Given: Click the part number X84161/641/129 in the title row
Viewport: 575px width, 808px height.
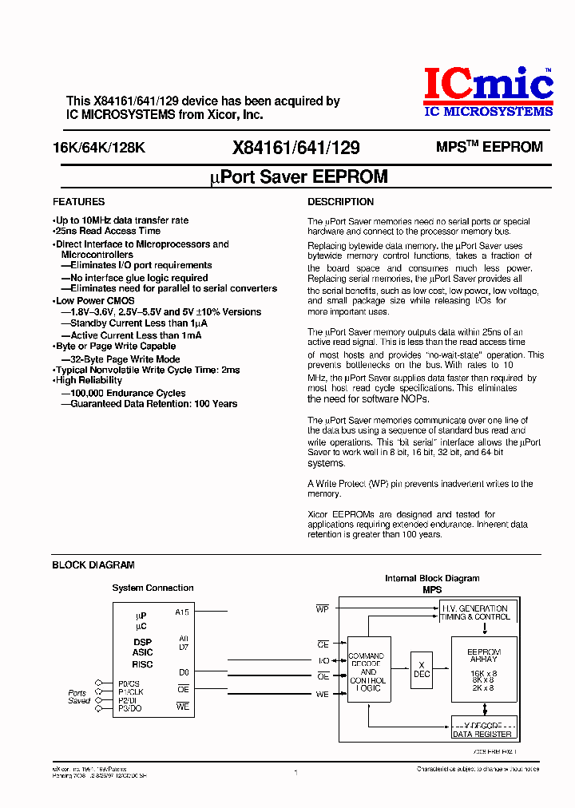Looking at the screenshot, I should click(x=296, y=148).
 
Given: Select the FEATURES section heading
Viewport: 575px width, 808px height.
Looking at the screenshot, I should click(x=78, y=202).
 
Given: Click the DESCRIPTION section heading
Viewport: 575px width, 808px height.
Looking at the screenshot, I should click(x=340, y=202).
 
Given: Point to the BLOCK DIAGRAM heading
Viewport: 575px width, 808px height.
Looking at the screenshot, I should click(x=93, y=565).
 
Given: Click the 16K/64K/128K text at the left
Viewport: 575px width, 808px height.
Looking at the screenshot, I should click(x=99, y=148).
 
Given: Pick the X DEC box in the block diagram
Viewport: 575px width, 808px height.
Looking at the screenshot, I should click(x=421, y=669).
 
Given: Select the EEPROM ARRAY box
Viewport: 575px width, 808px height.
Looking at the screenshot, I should click(x=484, y=669).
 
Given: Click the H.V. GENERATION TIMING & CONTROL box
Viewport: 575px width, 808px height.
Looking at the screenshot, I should click(x=476, y=612).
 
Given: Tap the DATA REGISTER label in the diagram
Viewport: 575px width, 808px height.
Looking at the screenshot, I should click(x=482, y=734).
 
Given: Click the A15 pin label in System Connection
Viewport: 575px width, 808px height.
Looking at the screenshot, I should click(x=182, y=612).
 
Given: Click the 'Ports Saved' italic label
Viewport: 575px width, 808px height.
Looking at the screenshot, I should click(x=78, y=697).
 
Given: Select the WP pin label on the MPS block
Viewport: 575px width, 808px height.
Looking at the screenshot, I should click(x=323, y=609).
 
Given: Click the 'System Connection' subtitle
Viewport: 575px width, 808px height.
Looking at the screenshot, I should click(x=153, y=588).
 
